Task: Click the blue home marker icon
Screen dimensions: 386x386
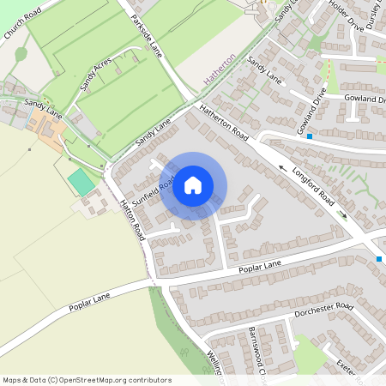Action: [x=193, y=185]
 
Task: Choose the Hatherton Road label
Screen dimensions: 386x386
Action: [x=224, y=124]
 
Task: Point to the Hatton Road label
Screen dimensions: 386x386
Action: [x=130, y=218]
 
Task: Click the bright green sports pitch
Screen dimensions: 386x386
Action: [x=82, y=181]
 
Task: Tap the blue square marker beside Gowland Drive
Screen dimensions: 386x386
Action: [x=310, y=136]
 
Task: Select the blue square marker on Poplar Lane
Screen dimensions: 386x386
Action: [x=378, y=258]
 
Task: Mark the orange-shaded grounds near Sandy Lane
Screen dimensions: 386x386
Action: [x=48, y=134]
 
